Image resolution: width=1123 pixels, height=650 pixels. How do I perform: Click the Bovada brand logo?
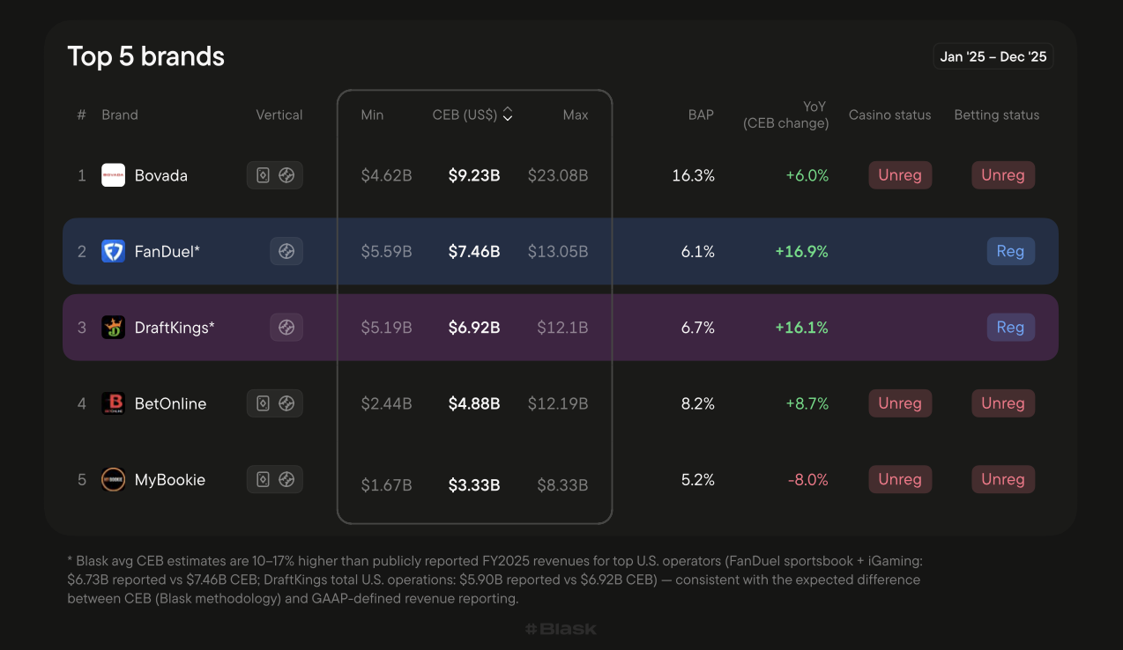click(114, 175)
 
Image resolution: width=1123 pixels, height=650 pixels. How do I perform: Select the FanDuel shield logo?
click(114, 251)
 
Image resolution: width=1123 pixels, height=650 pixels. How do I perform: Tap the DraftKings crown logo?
click(114, 328)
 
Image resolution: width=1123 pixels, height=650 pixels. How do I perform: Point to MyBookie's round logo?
click(114, 480)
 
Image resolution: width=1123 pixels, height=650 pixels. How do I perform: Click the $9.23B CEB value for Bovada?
click(474, 175)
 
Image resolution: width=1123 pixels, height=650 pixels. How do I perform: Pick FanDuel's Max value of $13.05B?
click(558, 251)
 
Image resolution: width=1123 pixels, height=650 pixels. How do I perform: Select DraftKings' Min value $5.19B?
click(387, 328)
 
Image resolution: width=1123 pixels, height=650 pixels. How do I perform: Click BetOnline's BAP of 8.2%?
click(698, 403)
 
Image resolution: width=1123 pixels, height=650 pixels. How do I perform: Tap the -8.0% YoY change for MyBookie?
click(808, 480)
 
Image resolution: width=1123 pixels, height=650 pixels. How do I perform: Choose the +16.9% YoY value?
click(801, 251)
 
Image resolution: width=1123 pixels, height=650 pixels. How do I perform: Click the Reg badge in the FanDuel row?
click(1011, 251)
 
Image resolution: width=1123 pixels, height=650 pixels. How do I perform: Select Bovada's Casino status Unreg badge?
click(900, 175)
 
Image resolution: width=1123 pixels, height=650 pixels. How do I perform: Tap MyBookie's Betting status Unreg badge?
click(1003, 480)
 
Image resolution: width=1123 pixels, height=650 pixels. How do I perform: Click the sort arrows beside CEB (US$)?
click(508, 114)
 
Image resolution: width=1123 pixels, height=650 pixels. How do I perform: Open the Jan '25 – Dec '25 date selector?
click(993, 56)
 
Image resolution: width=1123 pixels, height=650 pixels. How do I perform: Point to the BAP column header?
click(701, 115)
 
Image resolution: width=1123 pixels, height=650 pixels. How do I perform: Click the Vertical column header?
click(279, 115)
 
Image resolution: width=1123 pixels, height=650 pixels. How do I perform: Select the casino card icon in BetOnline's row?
click(264, 403)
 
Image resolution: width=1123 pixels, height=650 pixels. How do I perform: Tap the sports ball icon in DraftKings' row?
click(286, 328)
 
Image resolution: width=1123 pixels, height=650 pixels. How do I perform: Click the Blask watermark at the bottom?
click(561, 629)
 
